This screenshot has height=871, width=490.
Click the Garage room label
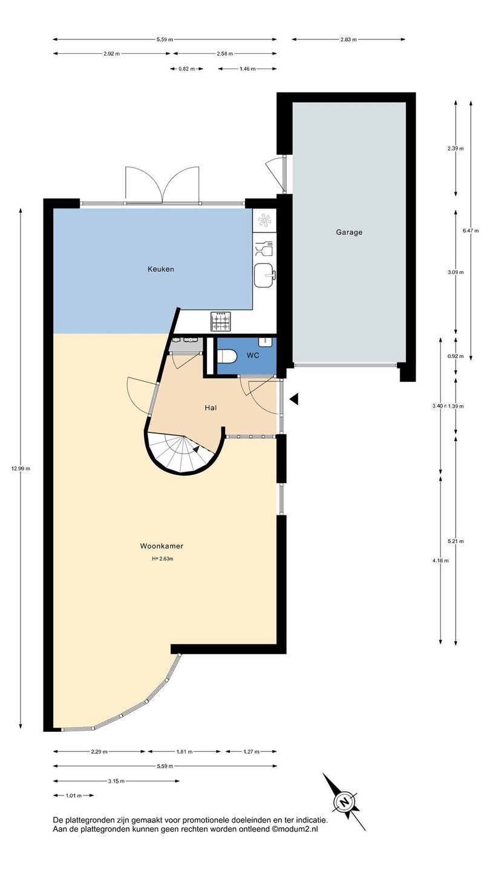point(349,232)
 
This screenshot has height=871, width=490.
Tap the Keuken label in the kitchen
point(161,269)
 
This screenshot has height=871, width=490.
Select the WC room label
point(253,356)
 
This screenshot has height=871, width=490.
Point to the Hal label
point(211,408)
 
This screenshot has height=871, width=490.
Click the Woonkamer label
point(162,546)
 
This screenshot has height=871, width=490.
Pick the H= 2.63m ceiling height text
point(163,559)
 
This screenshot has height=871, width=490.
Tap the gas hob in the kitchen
point(220,322)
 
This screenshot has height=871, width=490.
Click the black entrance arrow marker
point(294,399)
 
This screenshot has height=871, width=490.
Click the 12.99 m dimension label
point(21,469)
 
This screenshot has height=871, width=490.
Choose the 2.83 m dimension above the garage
point(348,39)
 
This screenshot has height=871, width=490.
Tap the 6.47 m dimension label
point(471,230)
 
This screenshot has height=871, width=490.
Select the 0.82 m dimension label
point(187,69)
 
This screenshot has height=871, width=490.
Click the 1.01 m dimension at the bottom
point(74,795)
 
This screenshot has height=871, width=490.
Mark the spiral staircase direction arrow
point(197,449)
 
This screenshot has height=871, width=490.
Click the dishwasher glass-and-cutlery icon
point(264,249)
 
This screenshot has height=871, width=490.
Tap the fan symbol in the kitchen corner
point(264,220)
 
